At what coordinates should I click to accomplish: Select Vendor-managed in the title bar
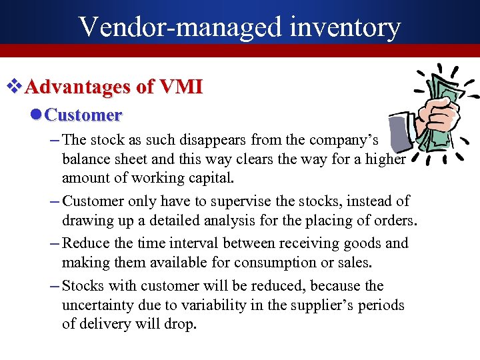click(x=179, y=27)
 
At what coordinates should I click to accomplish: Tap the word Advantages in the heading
click(x=79, y=87)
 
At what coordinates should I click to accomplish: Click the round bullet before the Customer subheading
click(x=36, y=115)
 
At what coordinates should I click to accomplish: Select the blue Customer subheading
click(x=83, y=115)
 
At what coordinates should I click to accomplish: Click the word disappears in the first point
click(x=215, y=140)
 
